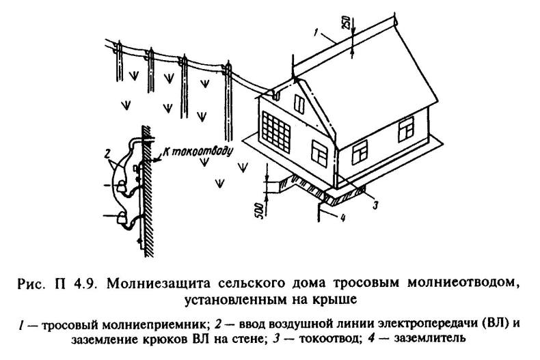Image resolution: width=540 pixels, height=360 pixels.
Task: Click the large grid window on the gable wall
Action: (x=278, y=132)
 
